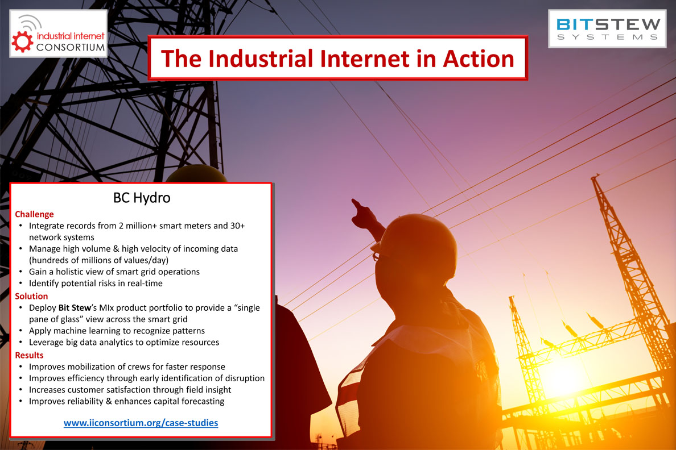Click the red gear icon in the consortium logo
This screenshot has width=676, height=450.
pyautogui.click(x=22, y=42)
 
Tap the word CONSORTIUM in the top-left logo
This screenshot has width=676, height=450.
pyautogui.click(x=71, y=47)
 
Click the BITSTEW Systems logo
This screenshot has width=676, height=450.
pyautogui.click(x=608, y=28)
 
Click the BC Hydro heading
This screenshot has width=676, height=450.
pyautogui.click(x=142, y=198)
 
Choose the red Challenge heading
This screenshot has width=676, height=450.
pyautogui.click(x=35, y=214)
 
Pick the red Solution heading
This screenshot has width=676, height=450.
pyautogui.click(x=31, y=296)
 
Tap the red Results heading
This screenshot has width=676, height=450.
pyautogui.click(x=30, y=355)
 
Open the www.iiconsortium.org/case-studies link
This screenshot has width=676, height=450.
pyautogui.click(x=141, y=423)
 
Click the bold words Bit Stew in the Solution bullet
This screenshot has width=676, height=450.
pyautogui.click(x=75, y=307)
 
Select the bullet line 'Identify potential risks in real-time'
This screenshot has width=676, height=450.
pyautogui.click(x=96, y=284)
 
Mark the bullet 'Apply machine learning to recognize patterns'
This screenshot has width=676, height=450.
pyautogui.click(x=117, y=331)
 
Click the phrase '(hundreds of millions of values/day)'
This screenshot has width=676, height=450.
pyautogui.click(x=99, y=260)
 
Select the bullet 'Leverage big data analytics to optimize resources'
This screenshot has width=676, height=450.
pyautogui.click(x=124, y=343)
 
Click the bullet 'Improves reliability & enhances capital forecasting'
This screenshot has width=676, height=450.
pyautogui.click(x=127, y=401)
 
